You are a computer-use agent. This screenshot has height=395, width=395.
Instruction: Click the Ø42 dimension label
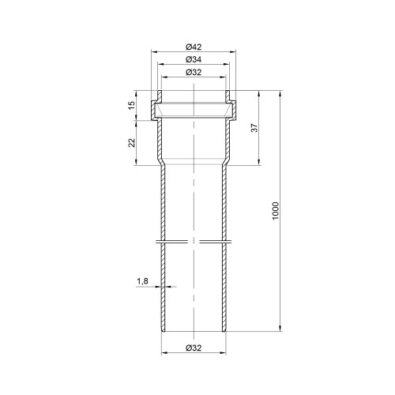pyautogui.click(x=194, y=47)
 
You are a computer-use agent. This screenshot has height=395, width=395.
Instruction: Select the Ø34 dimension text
pyautogui.click(x=194, y=59)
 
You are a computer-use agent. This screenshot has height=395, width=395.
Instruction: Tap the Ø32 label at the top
pyautogui.click(x=194, y=72)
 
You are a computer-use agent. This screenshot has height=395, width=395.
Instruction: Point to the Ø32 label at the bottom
pyautogui.click(x=194, y=348)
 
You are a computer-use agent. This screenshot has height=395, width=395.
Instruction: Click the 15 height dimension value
pyautogui.click(x=131, y=105)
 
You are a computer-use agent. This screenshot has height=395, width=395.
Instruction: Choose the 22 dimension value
pyautogui.click(x=131, y=143)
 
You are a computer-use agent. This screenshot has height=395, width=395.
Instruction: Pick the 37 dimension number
pyautogui.click(x=254, y=128)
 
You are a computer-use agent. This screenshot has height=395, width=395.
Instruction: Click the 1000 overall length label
pyautogui.click(x=275, y=211)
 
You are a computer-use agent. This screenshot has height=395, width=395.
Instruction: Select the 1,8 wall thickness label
pyautogui.click(x=142, y=281)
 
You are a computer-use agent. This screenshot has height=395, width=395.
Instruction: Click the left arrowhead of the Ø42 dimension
pyautogui.click(x=153, y=52)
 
